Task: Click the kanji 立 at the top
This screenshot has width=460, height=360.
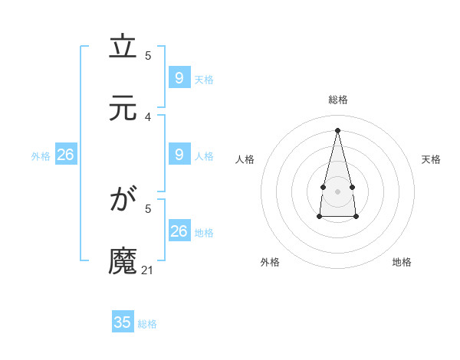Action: (123, 48)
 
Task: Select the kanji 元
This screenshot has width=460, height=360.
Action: (123, 108)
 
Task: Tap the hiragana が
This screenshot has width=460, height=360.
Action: (123, 200)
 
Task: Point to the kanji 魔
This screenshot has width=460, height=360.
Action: (123, 260)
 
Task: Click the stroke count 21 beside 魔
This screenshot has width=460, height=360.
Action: (148, 270)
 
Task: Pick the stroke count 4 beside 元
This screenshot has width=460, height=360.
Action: (148, 116)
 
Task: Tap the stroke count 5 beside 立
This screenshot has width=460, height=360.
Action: (148, 56)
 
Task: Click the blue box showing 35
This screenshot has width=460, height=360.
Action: (123, 322)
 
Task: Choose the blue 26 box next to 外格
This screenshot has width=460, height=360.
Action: (65, 155)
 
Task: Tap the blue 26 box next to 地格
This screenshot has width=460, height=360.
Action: (179, 231)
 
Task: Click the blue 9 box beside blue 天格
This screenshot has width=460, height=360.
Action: (179, 77)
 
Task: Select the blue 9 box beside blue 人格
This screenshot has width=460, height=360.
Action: (179, 155)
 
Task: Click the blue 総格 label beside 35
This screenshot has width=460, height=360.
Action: (147, 324)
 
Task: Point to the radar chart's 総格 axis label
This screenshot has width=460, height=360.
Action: (337, 100)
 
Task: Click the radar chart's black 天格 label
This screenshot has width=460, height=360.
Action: (432, 159)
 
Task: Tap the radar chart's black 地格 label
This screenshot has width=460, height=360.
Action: (402, 262)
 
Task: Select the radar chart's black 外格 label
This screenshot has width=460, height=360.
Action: (270, 262)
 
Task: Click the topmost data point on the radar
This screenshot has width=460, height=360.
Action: (337, 129)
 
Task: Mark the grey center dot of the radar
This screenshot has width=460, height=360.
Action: (337, 189)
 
